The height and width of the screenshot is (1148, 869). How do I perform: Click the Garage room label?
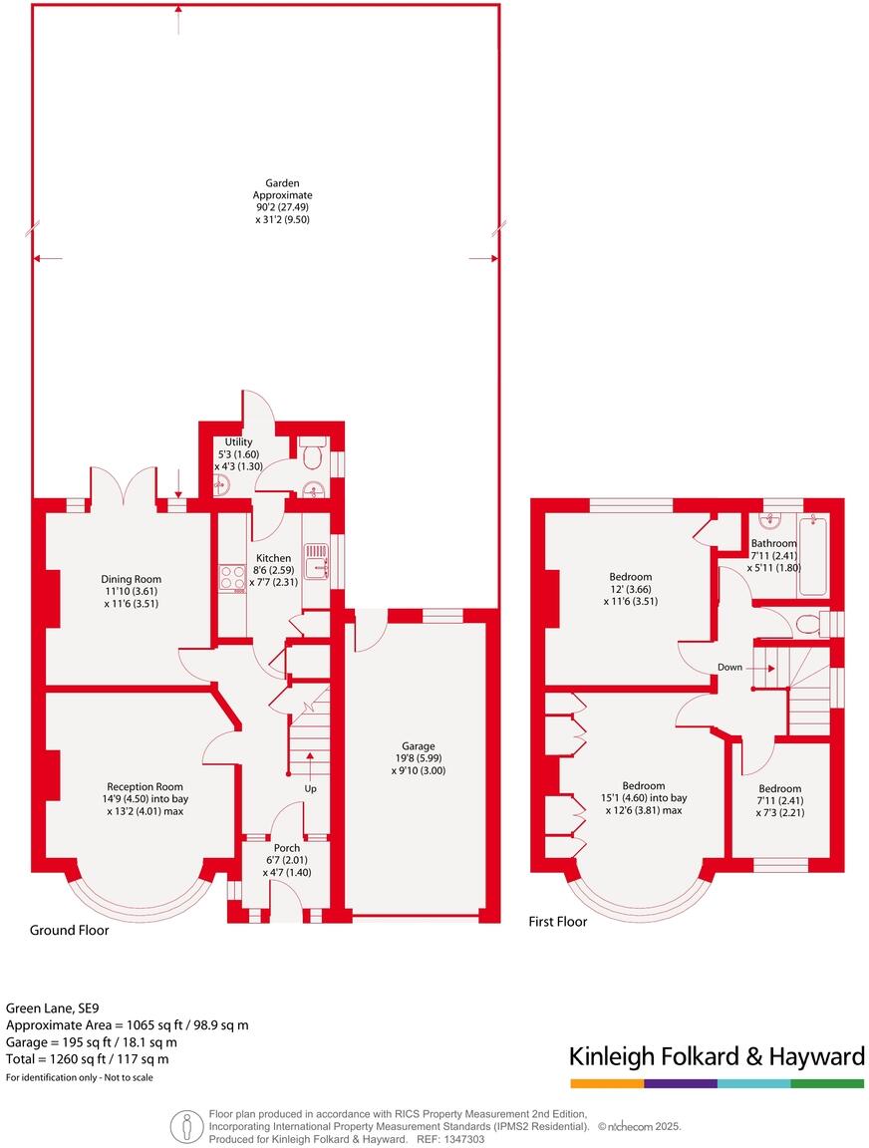417,745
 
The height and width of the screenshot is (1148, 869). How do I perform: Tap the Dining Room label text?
131,579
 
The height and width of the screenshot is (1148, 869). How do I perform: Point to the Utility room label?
238,441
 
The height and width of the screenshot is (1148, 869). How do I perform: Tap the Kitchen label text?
273,558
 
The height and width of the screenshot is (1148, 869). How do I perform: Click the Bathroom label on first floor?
773,543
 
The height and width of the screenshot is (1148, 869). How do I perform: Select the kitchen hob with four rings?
232,577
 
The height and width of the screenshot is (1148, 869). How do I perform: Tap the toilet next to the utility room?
310,454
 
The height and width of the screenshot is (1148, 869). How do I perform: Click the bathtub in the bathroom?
813,554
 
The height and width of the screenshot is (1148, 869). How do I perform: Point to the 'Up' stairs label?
311,788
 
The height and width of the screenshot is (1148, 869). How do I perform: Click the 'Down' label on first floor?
729,667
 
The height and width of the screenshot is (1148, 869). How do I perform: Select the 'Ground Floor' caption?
69,930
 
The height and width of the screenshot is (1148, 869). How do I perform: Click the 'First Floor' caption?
557,922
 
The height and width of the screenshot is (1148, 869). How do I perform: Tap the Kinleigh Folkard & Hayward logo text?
716,1056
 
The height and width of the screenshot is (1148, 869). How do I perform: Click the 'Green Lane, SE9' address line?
54,1007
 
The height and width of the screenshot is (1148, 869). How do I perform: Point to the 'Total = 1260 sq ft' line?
88,1058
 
